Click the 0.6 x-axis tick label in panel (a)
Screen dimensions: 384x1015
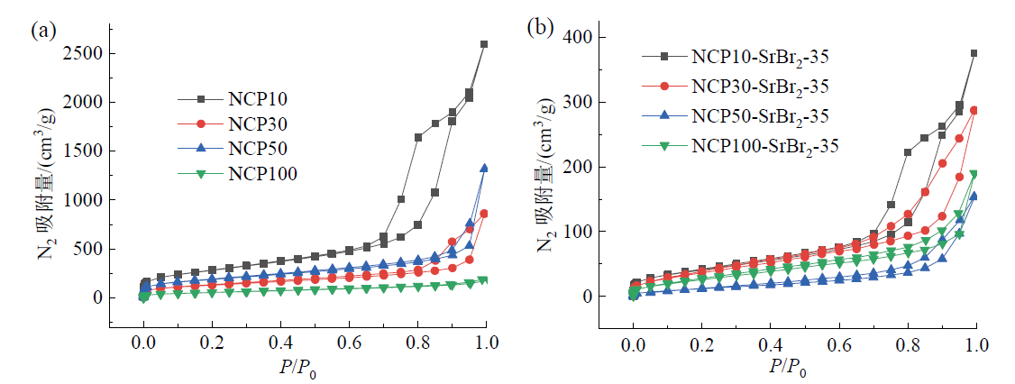point(349,344)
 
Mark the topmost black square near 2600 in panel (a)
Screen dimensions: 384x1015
point(484,43)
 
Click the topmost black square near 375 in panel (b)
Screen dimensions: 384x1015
point(974,53)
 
